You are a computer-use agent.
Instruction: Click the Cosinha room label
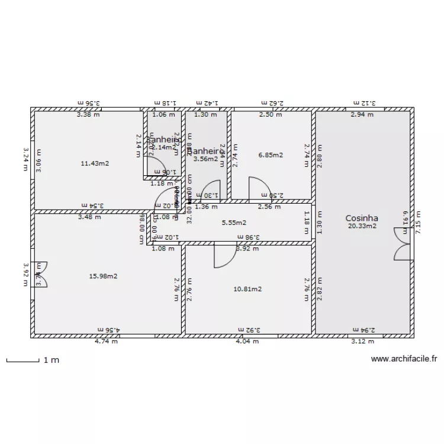coord(362,218)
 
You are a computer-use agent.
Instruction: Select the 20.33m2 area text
coord(362,226)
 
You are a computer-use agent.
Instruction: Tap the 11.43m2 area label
coord(95,163)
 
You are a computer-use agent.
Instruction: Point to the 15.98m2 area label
coord(103,276)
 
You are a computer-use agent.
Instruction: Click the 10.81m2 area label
coord(247,289)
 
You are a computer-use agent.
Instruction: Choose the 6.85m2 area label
coord(271,155)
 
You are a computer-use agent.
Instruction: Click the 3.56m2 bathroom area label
coord(206,159)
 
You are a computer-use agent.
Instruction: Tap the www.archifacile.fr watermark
coord(404,358)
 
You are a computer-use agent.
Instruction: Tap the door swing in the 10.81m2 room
coord(224,256)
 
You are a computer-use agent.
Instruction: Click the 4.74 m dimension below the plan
coord(106,341)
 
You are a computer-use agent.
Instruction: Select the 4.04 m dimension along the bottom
coord(247,341)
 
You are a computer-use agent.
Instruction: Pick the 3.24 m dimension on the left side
coord(25,159)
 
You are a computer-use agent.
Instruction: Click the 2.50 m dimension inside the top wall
coord(270,115)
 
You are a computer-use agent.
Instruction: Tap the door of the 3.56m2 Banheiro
coord(209,191)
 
